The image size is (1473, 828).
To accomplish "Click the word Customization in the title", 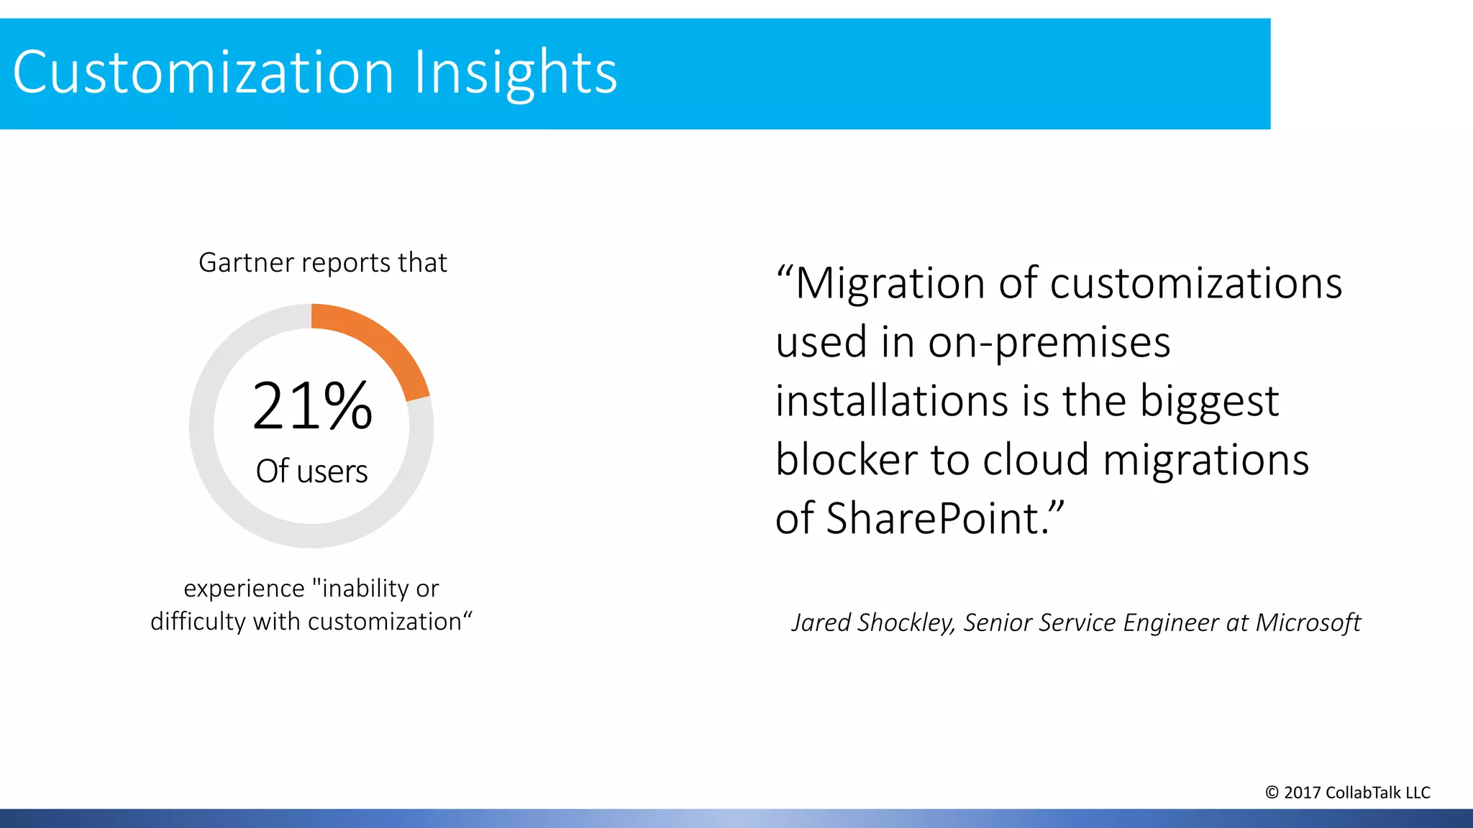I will (203, 73).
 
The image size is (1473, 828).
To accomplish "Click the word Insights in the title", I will (515, 73).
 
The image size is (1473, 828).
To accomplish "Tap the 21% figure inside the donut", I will (312, 406).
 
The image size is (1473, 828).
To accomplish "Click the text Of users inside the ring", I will (311, 471).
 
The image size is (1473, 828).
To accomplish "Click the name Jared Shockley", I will (872, 622).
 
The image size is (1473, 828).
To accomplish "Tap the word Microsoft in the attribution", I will (1308, 622).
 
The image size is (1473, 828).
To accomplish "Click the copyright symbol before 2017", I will (1272, 793).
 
